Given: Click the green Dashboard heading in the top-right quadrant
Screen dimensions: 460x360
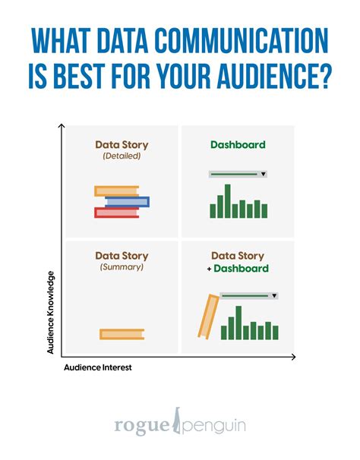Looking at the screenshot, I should (237, 143).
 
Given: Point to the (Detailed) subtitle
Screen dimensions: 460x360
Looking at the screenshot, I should (122, 156).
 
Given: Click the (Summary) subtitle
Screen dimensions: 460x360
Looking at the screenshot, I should (122, 268).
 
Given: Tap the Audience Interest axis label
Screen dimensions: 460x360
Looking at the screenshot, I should (97, 368).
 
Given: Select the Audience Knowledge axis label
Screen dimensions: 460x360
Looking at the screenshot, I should (50, 312).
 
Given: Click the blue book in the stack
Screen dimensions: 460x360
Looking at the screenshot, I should (128, 202).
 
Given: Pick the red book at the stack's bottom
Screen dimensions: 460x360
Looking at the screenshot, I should (116, 213).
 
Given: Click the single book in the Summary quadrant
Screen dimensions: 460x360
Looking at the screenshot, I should (122, 333).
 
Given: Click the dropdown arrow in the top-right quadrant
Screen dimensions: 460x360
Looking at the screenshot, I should (263, 175).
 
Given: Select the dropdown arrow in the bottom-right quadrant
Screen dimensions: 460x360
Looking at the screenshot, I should (273, 296).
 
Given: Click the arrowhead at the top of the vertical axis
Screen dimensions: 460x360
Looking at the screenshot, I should (62, 127).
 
